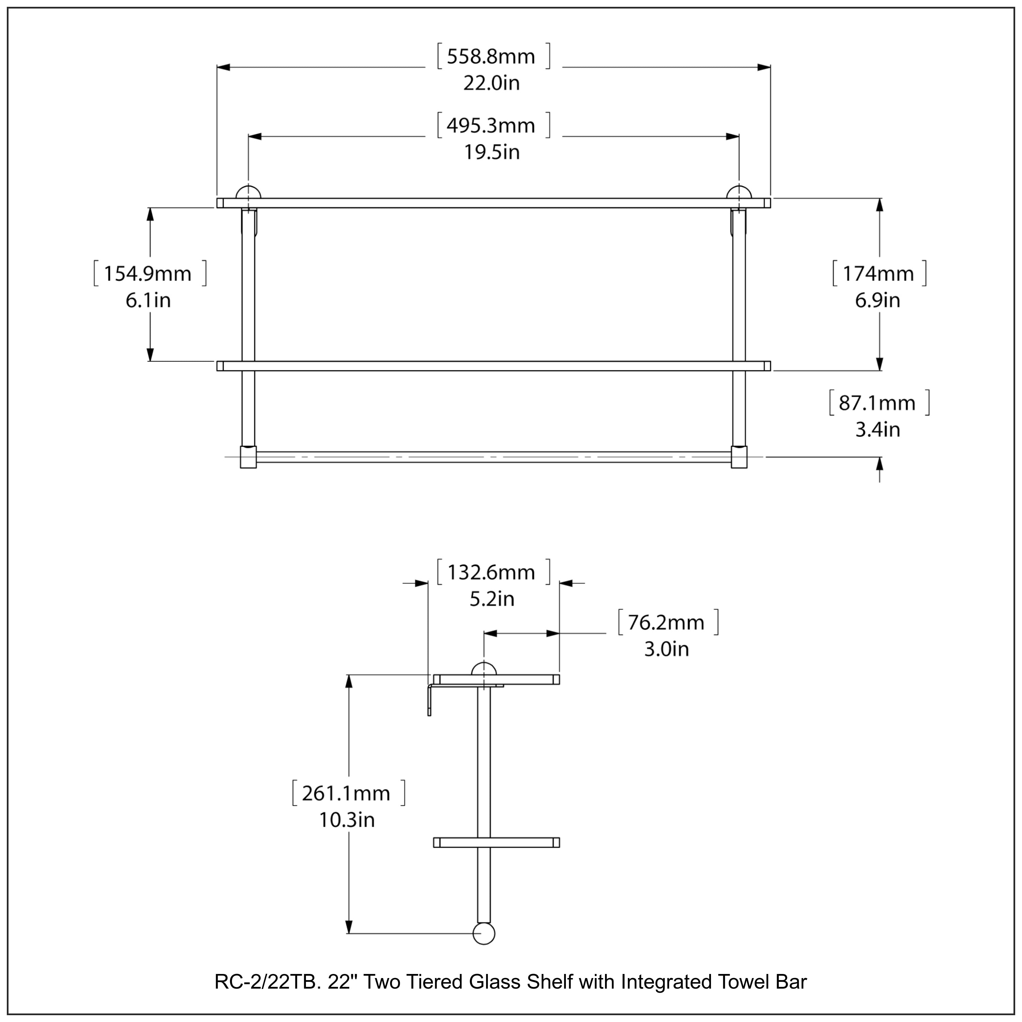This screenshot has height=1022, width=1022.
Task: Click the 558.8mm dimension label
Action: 491,57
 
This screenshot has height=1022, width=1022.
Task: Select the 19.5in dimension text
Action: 492,152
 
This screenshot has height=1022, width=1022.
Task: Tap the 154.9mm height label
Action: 147,274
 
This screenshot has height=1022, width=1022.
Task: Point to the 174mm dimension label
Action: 878,274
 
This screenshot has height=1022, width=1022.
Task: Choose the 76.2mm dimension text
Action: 666,623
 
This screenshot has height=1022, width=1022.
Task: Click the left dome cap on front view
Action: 248,192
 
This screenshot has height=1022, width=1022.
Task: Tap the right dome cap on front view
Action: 739,192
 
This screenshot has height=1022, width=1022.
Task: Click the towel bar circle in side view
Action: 483,934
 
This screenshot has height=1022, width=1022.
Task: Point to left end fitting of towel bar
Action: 248,457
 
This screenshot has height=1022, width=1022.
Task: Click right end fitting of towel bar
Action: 739,457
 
